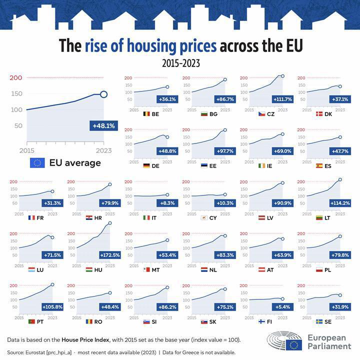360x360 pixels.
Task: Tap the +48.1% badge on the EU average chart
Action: tap(104, 126)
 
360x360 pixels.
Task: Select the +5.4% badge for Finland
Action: tap(281, 306)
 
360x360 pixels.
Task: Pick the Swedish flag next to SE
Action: tap(319, 321)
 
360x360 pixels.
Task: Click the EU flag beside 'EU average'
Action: tap(38, 162)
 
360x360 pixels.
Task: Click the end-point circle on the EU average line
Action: tap(103, 94)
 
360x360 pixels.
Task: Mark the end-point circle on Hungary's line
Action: tap(110, 223)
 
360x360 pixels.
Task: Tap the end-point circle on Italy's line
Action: tap(167, 194)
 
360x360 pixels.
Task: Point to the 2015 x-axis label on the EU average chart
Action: tap(26, 150)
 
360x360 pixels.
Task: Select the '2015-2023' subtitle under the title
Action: tap(180, 63)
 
